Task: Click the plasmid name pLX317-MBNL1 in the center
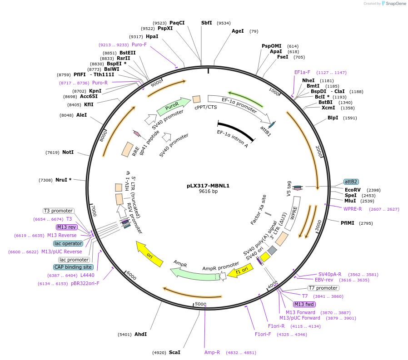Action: (208, 186)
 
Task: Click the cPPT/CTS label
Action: (206, 107)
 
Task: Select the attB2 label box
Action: (351, 182)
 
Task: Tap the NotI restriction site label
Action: (68, 153)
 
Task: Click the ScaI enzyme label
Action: (174, 352)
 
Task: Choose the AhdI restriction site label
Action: (140, 335)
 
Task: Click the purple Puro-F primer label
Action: (139, 44)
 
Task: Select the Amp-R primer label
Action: (212, 352)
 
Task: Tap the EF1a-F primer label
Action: (302, 72)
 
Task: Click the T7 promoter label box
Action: (323, 288)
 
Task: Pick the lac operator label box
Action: (68, 243)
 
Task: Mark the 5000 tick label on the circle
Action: (200, 304)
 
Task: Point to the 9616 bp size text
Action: (208, 192)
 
